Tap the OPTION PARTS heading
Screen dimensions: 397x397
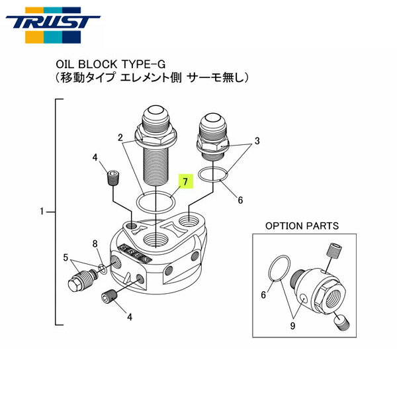(302, 226)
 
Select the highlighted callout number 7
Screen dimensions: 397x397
(186, 180)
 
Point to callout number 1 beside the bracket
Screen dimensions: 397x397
(42, 212)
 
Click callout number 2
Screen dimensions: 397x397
(120, 138)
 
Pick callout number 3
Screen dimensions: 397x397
(257, 142)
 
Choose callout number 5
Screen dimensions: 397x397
(66, 257)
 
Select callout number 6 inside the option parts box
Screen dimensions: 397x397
(263, 295)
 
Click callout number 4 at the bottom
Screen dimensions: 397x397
(130, 317)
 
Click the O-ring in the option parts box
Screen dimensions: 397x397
(279, 270)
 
